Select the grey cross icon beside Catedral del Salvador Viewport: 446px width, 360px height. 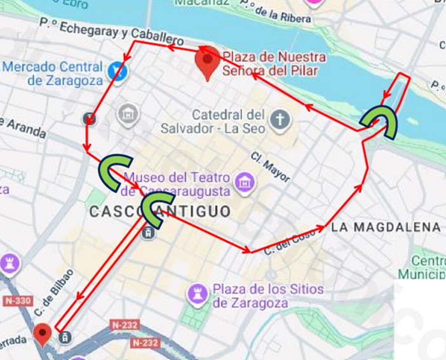(279, 119)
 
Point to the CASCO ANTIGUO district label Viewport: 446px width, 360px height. (160, 211)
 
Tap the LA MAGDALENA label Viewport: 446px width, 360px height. (386, 227)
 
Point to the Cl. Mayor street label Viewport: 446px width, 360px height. (270, 166)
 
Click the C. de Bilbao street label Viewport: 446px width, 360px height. (56, 292)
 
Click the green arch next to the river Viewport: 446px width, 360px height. (379, 122)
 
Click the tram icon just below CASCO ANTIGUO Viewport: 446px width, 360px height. (148, 233)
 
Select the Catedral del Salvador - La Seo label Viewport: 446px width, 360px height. (228, 121)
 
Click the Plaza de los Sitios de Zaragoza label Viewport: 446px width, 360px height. (267, 296)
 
